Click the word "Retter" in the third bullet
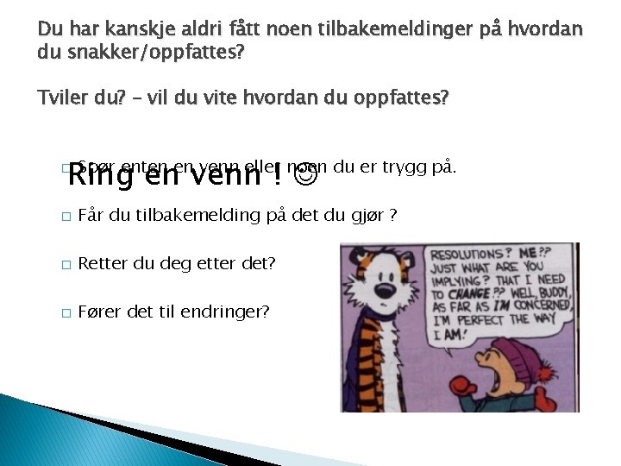point(103,263)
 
